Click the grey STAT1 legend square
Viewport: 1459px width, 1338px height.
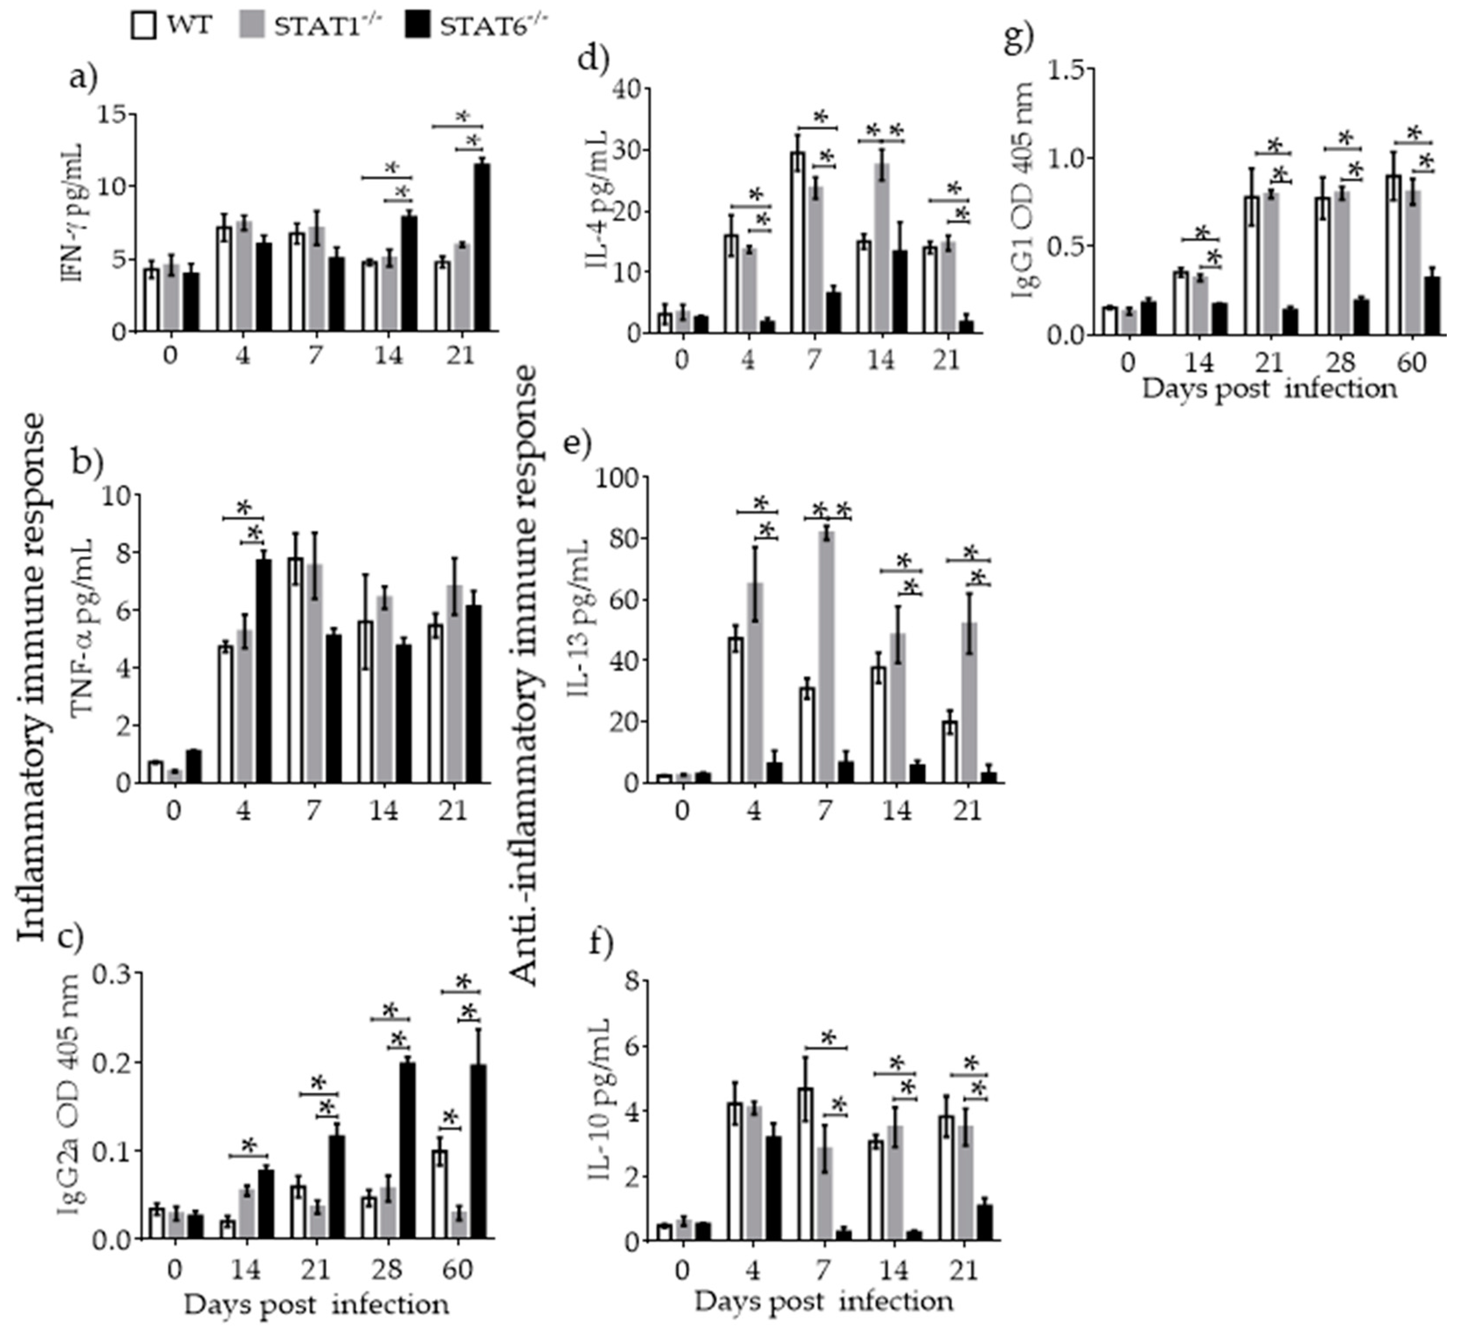(250, 27)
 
